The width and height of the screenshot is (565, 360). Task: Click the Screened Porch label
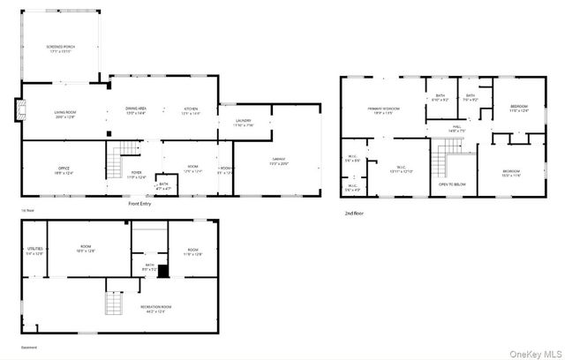coord(60,49)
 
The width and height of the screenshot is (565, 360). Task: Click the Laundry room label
coord(244,123)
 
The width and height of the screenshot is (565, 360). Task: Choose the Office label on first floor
coord(64,170)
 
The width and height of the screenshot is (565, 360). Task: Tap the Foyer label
coord(137,174)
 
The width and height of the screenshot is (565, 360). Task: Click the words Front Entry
coord(139,204)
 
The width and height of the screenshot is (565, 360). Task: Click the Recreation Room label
coord(155,308)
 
